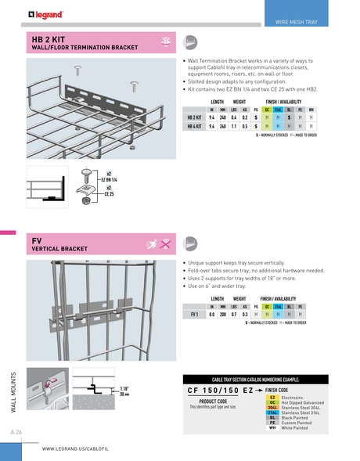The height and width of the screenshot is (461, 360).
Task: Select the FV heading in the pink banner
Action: [x=36, y=240]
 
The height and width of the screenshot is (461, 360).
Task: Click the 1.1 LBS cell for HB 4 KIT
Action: [x=234, y=125]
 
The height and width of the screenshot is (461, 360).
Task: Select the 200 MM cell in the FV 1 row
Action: [x=223, y=313]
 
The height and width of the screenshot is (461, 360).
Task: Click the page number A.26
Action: [x=16, y=432]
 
